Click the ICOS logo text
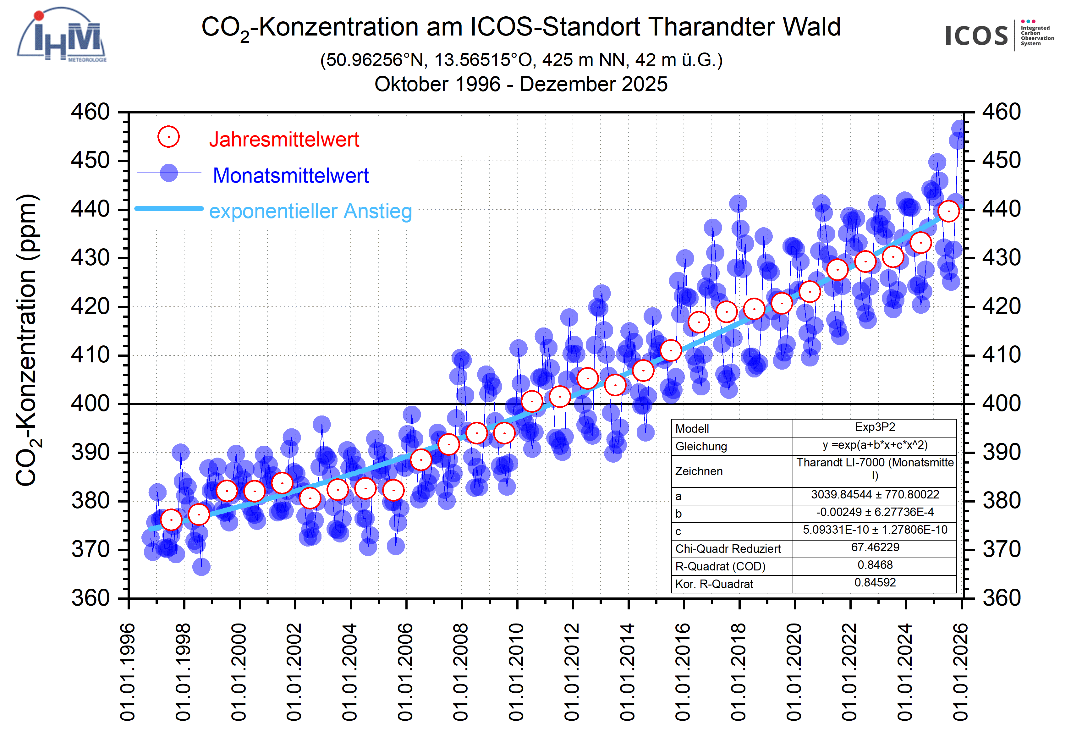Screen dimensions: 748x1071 coord(976,36)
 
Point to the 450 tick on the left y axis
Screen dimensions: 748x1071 coord(90,161)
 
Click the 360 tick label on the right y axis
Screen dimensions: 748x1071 coord(1002,598)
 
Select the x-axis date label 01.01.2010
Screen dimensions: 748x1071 coord(516,672)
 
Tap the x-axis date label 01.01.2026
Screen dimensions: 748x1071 coord(961,672)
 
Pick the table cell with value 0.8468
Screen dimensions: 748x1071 coord(875,565)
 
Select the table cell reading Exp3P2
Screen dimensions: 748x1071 coord(875,427)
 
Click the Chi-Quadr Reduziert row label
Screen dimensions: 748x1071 coord(728,549)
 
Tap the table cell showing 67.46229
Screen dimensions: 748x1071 coord(875,547)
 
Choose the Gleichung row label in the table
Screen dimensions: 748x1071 coord(701,447)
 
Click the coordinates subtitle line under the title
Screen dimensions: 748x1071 coord(521,60)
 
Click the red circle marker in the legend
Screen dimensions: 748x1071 coord(168,137)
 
